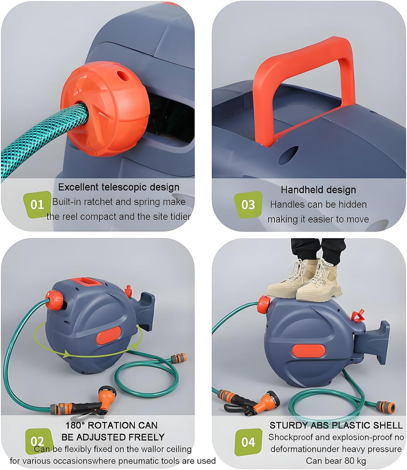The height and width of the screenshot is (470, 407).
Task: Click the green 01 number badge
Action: pyautogui.click(x=37, y=204)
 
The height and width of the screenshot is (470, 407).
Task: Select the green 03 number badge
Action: pyautogui.click(x=248, y=205)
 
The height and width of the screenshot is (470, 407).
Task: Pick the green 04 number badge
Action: pyautogui.click(x=248, y=442)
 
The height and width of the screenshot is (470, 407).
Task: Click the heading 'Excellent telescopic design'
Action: pyautogui.click(x=119, y=187)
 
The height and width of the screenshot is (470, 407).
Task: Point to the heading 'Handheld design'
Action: pyautogui.click(x=318, y=189)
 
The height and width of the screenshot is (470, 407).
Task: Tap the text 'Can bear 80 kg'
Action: pyautogui.click(x=336, y=461)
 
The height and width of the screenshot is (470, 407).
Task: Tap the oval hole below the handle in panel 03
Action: pyautogui.click(x=288, y=156)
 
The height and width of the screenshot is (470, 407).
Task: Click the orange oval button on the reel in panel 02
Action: pyautogui.click(x=109, y=336)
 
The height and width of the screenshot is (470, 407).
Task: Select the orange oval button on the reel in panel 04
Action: pyautogui.click(x=309, y=350)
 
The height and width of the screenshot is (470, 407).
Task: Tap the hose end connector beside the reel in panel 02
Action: pyautogui.click(x=178, y=358)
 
